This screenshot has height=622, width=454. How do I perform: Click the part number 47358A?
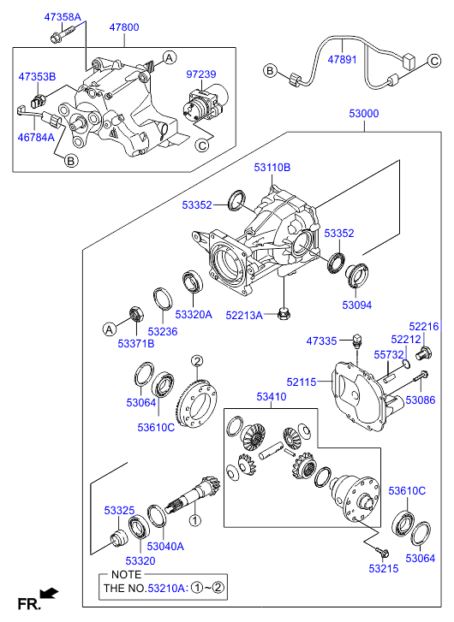[x=63, y=17]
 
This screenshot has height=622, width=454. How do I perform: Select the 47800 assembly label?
[x=124, y=27]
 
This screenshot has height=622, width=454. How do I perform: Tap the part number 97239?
[x=201, y=74]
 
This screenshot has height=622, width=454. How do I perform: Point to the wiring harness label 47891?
[x=342, y=60]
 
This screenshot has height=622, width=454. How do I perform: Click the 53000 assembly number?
[x=364, y=114]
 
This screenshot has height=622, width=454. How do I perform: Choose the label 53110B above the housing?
[x=272, y=168]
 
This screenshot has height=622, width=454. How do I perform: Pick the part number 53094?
[x=357, y=305]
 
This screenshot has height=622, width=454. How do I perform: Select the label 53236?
[x=163, y=332]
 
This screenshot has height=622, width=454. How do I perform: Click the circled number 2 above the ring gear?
[x=197, y=361]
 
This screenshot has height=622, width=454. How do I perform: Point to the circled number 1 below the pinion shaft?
[x=195, y=520]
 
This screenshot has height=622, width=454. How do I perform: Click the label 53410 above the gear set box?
[x=272, y=397]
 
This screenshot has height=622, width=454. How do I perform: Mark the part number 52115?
[x=302, y=382]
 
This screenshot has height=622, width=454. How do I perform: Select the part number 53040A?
[x=165, y=546]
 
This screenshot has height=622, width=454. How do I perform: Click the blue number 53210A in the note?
[x=166, y=589]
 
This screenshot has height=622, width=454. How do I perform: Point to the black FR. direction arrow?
[x=50, y=593]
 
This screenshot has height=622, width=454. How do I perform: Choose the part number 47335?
[x=321, y=341]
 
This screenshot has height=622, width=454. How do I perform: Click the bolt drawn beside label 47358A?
[x=63, y=33]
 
